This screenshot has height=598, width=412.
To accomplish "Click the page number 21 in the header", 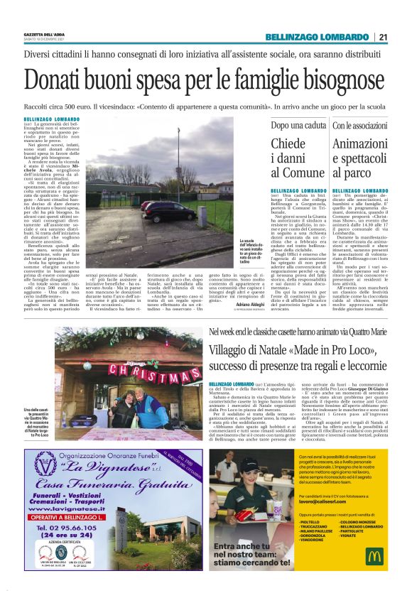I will click(x=383, y=37).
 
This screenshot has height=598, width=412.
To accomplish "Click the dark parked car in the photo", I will click(x=169, y=210).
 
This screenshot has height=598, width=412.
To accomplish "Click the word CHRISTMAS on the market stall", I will click(x=141, y=370).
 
